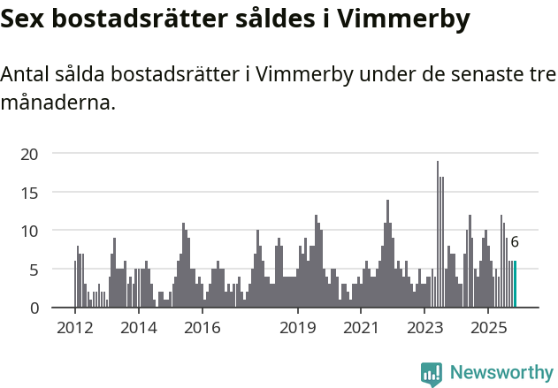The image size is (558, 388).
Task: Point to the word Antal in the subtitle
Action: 26,75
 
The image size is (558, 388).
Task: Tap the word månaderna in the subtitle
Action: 58,103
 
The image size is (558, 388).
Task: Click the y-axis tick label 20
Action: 30,154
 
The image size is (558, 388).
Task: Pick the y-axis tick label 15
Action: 30,192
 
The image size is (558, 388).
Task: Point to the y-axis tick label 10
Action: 30,231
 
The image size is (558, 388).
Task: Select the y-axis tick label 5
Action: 34,270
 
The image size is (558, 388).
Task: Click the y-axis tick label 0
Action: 34,308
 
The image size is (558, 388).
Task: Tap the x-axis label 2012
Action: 74,328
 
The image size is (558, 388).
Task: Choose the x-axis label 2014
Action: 138,328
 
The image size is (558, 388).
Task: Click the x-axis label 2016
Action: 202,328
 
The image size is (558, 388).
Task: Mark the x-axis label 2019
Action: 298,328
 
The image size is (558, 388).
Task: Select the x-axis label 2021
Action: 361,328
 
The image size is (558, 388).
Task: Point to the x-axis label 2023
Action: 424,328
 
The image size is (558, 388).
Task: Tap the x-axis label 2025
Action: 488,328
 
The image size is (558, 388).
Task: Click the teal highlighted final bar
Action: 515,285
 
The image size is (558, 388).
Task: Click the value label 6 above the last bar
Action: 515,242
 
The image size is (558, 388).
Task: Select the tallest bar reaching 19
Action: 437,234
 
